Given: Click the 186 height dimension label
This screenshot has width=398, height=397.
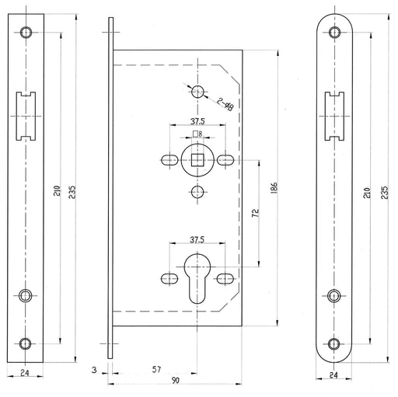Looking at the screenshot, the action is [274, 188].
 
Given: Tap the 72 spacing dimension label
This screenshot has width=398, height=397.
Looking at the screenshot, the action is [256, 213].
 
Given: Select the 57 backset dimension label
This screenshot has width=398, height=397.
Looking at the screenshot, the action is [156, 369].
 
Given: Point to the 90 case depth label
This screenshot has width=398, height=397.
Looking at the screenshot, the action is [176, 381].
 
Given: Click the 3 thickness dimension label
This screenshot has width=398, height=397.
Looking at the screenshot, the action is [94, 370].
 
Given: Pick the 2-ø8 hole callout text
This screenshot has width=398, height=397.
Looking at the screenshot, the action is [225, 103].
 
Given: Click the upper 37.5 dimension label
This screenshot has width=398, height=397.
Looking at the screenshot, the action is [197, 121].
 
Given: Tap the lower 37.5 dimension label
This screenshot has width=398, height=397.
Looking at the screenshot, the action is [197, 239].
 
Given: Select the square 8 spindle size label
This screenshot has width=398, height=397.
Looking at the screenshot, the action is [197, 134].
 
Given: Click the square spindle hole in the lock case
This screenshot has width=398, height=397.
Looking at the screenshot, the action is [197, 160].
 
